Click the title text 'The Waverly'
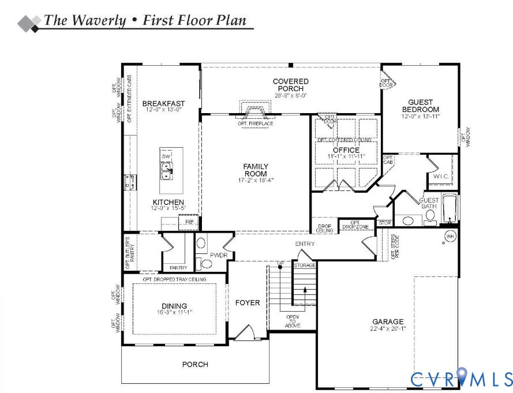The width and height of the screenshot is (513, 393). pyautogui.click(x=85, y=21)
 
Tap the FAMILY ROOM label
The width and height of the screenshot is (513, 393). pyautogui.click(x=255, y=170)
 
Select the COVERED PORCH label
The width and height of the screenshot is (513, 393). pyautogui.click(x=290, y=85)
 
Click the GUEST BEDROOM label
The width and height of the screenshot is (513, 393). pyautogui.click(x=420, y=106)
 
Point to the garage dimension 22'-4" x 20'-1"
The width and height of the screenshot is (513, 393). pyautogui.click(x=388, y=330)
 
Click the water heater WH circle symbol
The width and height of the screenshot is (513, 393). pyautogui.click(x=450, y=236)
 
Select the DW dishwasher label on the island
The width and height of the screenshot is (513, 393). pyautogui.click(x=166, y=156)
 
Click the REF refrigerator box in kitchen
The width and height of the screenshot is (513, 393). pyautogui.click(x=189, y=222)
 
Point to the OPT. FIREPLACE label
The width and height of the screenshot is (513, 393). pyautogui.click(x=255, y=123)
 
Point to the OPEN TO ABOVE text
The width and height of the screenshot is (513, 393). pyautogui.click(x=293, y=321)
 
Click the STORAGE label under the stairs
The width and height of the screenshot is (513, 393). pyautogui.click(x=304, y=265)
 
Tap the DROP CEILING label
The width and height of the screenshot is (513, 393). pyautogui.click(x=325, y=227)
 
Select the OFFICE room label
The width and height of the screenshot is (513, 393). pyautogui.click(x=346, y=150)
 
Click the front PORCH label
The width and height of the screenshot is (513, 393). pyautogui.click(x=195, y=364)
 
